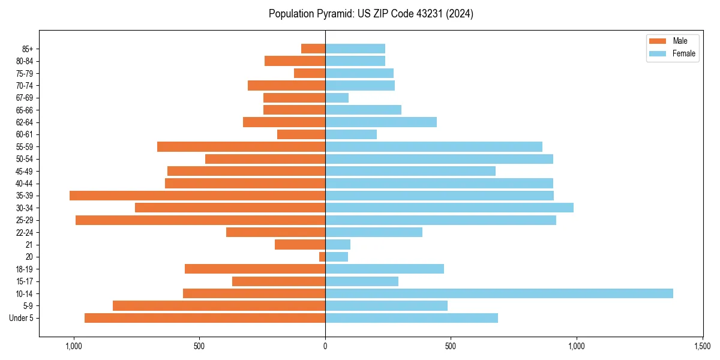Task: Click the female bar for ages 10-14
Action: pyautogui.click(x=499, y=293)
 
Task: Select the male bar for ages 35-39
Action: pyautogui.click(x=197, y=196)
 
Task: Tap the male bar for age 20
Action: pyautogui.click(x=322, y=257)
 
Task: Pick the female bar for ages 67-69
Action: pyautogui.click(x=337, y=98)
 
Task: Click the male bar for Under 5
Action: pyautogui.click(x=205, y=318)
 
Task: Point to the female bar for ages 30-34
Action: pyautogui.click(x=449, y=208)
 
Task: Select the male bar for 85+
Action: pyautogui.click(x=313, y=49)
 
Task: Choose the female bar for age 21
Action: pyautogui.click(x=338, y=244)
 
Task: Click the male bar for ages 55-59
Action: pyautogui.click(x=241, y=146)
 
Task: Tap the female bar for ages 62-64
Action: pyautogui.click(x=381, y=122)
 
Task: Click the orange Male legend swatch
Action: pyautogui.click(x=658, y=41)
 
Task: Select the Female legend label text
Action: pyautogui.click(x=684, y=53)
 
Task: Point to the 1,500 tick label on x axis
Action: pyautogui.click(x=702, y=346)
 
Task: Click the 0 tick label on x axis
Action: pyautogui.click(x=325, y=346)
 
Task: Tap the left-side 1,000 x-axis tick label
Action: pyautogui.click(x=74, y=346)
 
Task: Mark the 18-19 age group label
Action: pyautogui.click(x=25, y=269)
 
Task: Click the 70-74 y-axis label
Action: pyautogui.click(x=25, y=85)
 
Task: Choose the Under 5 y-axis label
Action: pyautogui.click(x=22, y=318)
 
